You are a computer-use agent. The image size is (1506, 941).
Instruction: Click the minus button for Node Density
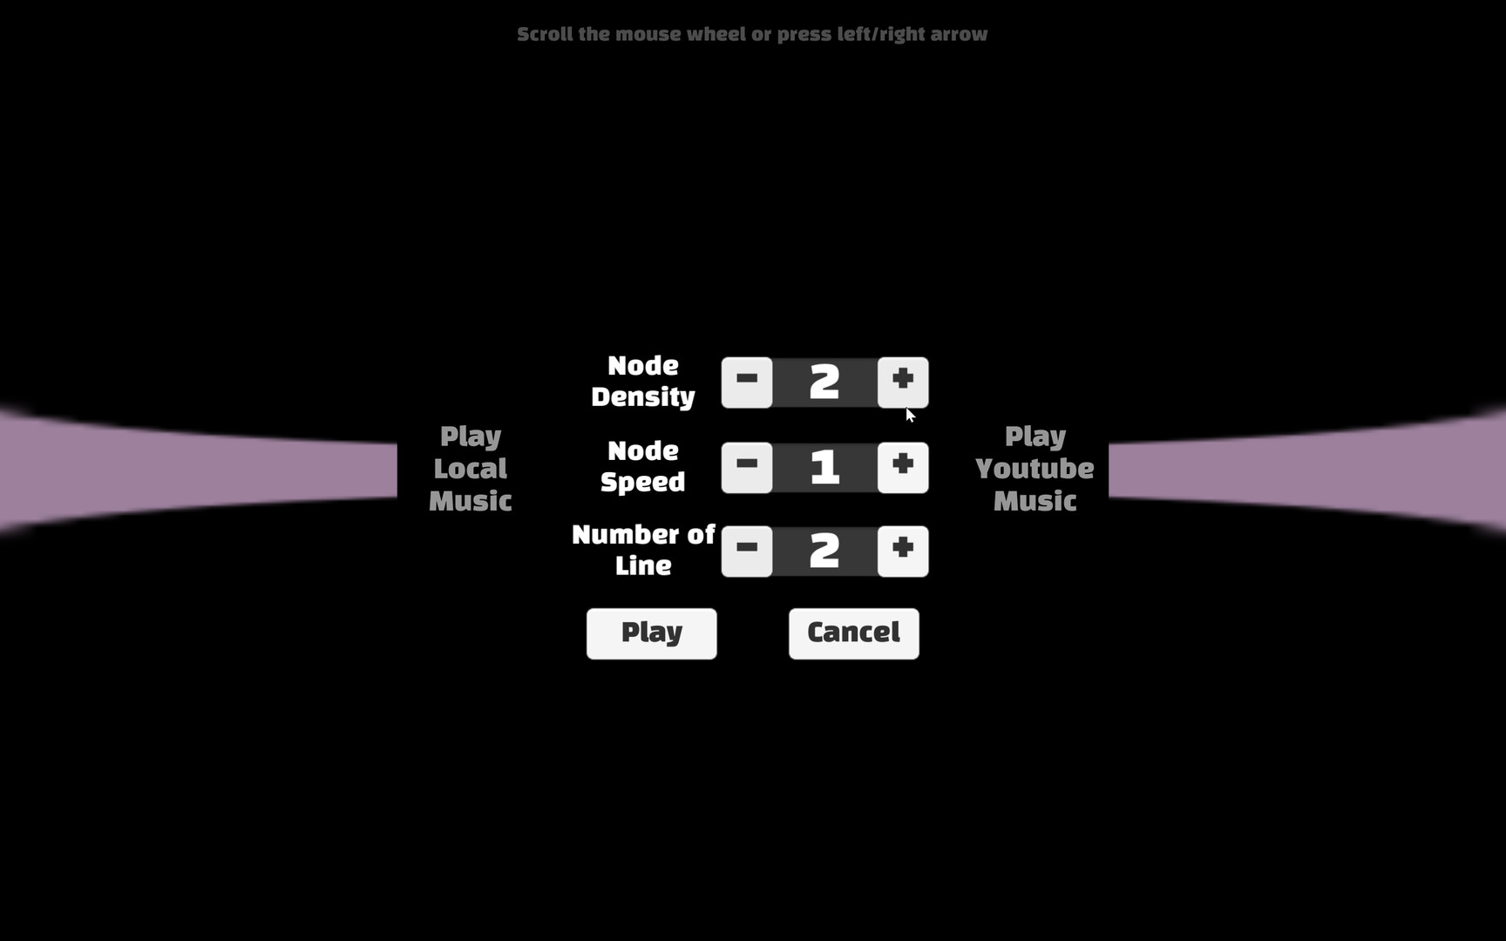point(747,382)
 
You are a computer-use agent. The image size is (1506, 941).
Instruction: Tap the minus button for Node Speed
point(747,467)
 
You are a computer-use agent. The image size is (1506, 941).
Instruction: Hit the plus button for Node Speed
point(903,467)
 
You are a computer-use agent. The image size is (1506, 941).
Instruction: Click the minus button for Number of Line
point(747,551)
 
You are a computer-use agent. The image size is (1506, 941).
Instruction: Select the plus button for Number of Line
point(903,551)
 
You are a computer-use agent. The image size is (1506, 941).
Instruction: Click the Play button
point(651,633)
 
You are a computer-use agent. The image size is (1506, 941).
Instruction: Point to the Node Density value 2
point(824,382)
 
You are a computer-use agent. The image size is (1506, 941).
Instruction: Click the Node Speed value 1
point(824,467)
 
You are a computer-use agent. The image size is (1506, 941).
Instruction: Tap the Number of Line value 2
point(824,551)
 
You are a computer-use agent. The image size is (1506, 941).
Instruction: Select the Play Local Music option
point(471,468)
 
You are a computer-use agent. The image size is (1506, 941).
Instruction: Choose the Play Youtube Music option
point(1035,468)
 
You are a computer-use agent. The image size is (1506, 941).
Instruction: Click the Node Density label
point(643,381)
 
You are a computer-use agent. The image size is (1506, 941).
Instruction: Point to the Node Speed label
point(643,466)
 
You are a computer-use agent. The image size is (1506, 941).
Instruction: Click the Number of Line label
point(643,550)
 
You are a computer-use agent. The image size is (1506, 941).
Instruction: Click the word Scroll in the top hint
point(545,34)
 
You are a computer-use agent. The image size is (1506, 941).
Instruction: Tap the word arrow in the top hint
point(959,34)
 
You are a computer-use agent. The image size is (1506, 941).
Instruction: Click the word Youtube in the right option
point(1035,469)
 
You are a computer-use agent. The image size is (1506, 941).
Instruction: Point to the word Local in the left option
point(471,469)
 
